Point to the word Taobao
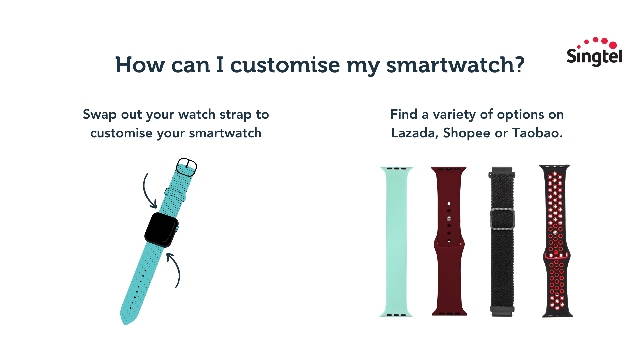coord(537,133)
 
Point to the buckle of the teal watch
coord(186,167)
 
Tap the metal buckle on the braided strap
coord(502,219)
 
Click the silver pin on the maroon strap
coord(449,219)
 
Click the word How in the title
coord(140,65)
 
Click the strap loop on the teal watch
coord(175,195)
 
